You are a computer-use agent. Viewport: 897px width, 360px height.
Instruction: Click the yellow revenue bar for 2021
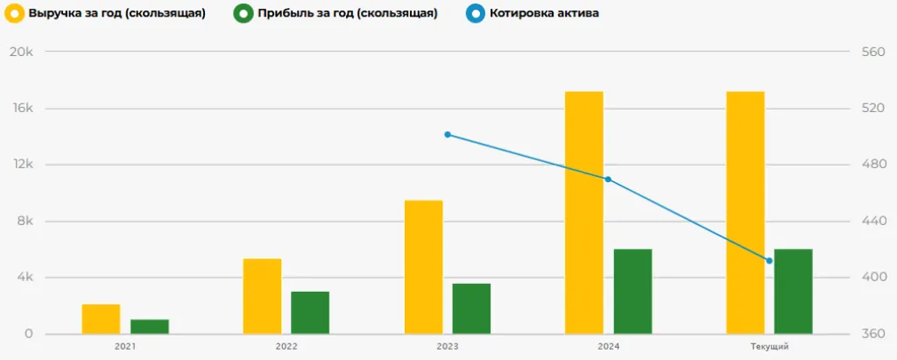click(101, 319)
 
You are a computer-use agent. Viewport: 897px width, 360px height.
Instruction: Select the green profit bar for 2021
click(150, 327)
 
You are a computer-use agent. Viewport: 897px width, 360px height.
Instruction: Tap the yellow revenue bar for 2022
click(262, 296)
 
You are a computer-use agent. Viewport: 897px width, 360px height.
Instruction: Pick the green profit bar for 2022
click(310, 313)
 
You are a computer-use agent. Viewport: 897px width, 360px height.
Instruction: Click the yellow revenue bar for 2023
click(423, 267)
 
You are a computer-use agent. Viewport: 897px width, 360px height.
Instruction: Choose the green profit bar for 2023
click(471, 308)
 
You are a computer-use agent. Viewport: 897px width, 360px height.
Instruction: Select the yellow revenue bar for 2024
click(583, 213)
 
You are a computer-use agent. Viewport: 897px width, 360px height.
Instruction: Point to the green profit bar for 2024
click(632, 292)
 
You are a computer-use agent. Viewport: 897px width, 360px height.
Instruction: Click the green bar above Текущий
click(794, 292)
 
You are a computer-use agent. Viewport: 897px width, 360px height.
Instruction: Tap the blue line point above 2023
click(448, 135)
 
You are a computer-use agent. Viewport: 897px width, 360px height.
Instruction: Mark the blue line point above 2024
click(608, 180)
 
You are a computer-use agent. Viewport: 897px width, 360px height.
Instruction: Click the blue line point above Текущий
click(769, 261)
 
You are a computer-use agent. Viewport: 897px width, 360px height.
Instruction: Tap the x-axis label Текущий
click(769, 347)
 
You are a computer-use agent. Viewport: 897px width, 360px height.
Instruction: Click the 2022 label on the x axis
click(286, 347)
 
